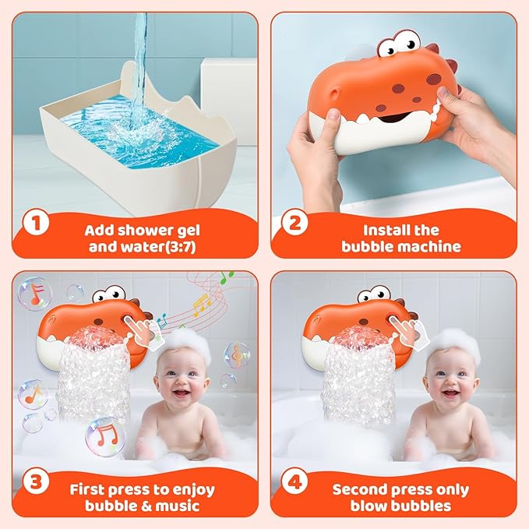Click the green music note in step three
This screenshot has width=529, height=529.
click(226, 277)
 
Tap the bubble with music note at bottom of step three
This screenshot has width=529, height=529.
click(104, 434)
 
